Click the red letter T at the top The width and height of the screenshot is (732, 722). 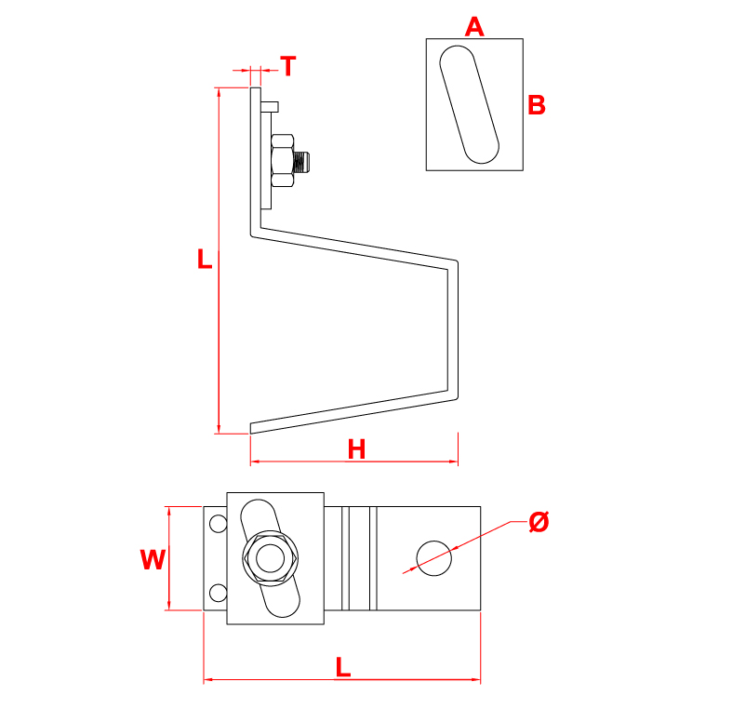[x=288, y=66]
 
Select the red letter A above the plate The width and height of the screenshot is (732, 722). [x=474, y=27]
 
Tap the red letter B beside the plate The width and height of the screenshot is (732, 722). [x=536, y=105]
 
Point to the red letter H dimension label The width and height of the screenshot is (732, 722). [x=356, y=449]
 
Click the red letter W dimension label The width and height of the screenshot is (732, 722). [x=153, y=559]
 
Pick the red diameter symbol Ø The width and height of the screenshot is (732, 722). [x=539, y=522]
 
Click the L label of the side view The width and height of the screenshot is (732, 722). [x=205, y=259]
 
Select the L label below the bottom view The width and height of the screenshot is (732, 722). [x=343, y=666]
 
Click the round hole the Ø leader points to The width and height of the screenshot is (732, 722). [x=434, y=557]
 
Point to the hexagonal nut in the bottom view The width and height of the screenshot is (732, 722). [x=270, y=558]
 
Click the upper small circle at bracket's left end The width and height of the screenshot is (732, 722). [x=218, y=524]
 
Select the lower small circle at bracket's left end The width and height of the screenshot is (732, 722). [x=218, y=593]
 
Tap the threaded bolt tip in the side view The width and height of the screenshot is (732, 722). [x=306, y=162]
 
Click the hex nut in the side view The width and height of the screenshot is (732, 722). [x=282, y=161]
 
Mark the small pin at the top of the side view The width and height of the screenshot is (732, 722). [x=271, y=104]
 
